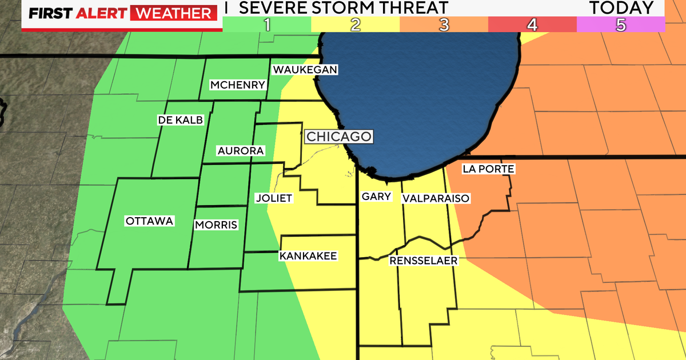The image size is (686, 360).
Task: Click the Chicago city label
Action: point(339,137)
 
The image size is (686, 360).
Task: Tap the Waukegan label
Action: point(305,70)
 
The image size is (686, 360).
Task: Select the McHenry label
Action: point(237,85)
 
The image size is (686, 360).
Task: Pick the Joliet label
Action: point(273,198)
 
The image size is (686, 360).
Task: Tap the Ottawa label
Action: point(149,221)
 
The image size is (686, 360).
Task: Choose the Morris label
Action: point(216,225)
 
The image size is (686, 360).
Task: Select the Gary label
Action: point(377,197)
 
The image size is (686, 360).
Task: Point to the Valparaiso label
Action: point(436,198)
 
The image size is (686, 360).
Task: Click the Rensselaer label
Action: point(424,261)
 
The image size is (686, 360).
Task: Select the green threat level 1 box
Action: point(266,24)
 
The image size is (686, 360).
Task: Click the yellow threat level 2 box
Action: point(355,24)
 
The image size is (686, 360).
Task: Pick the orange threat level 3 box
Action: point(444,24)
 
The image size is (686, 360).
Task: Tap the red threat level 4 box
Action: point(532,24)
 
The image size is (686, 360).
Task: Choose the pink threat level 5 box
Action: point(621,24)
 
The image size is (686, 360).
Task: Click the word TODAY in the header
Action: point(621,7)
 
